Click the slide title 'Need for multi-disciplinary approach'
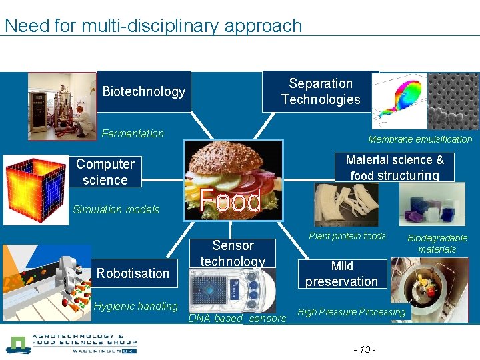point(153,26)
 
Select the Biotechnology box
point(143,91)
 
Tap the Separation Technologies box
point(321,91)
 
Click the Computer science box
point(105,172)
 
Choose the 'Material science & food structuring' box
point(395,167)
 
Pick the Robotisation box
point(133,273)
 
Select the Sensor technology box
point(233,253)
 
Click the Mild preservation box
point(341,273)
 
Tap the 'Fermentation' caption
point(133,133)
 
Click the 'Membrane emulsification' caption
point(420,139)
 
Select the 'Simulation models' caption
point(116,209)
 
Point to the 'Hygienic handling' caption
point(136,307)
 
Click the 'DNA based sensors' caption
point(237,319)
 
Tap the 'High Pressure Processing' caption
point(351,312)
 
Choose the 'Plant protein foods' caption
point(347,236)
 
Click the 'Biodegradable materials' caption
point(437,243)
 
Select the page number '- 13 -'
point(365,349)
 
